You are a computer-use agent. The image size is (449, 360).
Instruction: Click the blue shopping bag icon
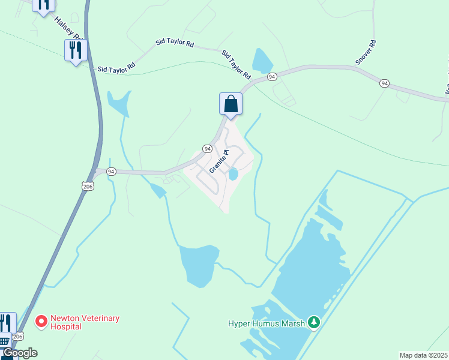231,104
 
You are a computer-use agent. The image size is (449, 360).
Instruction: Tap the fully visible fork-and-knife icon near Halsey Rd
76,50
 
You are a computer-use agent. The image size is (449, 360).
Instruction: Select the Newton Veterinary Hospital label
85,322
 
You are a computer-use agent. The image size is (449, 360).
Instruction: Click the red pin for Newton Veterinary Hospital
41,322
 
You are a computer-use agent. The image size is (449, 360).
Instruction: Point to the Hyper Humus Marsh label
267,323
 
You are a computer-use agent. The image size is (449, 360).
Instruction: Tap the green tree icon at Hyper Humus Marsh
313,323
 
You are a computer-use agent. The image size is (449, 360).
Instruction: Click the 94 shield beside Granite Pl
207,148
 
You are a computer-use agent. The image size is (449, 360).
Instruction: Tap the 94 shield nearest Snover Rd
272,77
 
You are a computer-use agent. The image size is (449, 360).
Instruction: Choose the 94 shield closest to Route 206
110,172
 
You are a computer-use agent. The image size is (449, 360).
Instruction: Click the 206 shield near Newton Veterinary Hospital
19,337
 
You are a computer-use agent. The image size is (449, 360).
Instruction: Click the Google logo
19,353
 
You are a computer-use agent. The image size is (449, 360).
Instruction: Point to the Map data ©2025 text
424,355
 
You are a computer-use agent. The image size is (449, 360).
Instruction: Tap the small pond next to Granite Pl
233,174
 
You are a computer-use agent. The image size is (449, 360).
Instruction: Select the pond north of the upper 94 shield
262,61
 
